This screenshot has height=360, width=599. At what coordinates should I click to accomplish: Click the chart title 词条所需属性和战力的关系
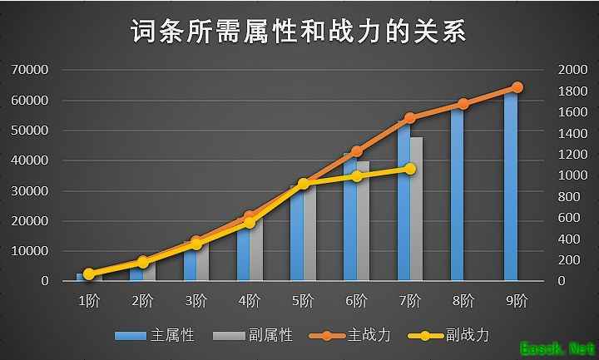pyautogui.click(x=299, y=32)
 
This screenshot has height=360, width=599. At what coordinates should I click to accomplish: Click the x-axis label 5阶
pyautogui.click(x=303, y=300)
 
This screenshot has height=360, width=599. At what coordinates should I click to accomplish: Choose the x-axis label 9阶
pyautogui.click(x=517, y=300)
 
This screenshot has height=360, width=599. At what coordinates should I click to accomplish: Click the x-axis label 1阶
pyautogui.click(x=89, y=300)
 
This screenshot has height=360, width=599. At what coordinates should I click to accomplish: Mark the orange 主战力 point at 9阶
pyautogui.click(x=517, y=87)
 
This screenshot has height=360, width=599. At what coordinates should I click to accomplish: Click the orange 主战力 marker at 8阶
pyautogui.click(x=463, y=104)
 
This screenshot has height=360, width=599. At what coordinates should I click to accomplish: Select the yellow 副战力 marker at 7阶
pyautogui.click(x=409, y=169)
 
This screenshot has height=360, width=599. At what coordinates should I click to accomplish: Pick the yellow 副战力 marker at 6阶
pyautogui.click(x=356, y=175)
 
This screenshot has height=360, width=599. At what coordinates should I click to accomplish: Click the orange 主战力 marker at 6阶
pyautogui.click(x=356, y=151)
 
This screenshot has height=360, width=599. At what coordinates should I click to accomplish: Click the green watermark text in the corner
pyautogui.click(x=554, y=347)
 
